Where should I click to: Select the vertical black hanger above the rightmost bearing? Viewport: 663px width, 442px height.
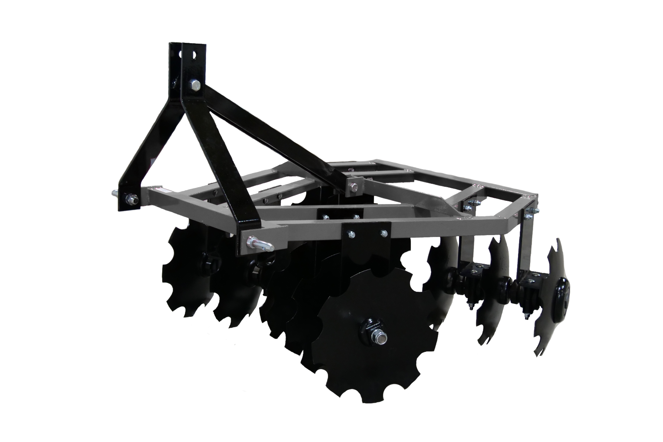[x=525, y=242]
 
